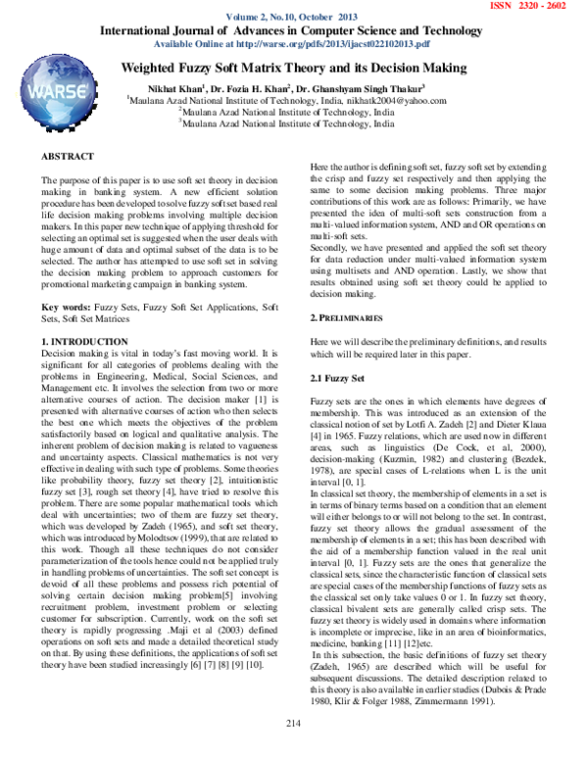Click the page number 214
tap(293, 748)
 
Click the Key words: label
tap(64, 280)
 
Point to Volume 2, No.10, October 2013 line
tap(293, 19)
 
